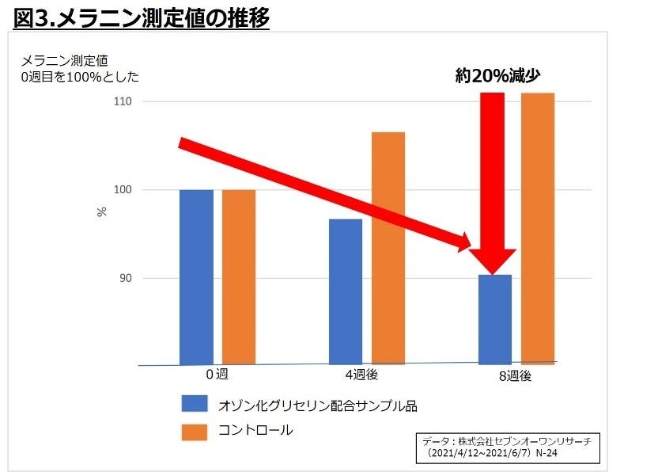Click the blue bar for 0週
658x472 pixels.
click(x=196, y=276)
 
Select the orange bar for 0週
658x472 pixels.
click(x=238, y=276)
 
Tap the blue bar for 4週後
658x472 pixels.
click(x=345, y=291)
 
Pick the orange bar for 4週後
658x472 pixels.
click(x=388, y=248)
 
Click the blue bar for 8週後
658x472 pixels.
click(x=495, y=318)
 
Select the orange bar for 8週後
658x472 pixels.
click(x=537, y=228)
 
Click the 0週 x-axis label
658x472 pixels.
click(x=217, y=374)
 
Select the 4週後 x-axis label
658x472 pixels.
click(x=367, y=375)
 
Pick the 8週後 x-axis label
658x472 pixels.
click(x=516, y=375)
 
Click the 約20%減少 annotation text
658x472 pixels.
click(x=502, y=76)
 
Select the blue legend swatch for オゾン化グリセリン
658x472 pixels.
click(x=194, y=405)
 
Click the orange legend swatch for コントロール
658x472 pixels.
click(x=194, y=431)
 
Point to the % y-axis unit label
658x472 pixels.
click(x=102, y=212)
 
